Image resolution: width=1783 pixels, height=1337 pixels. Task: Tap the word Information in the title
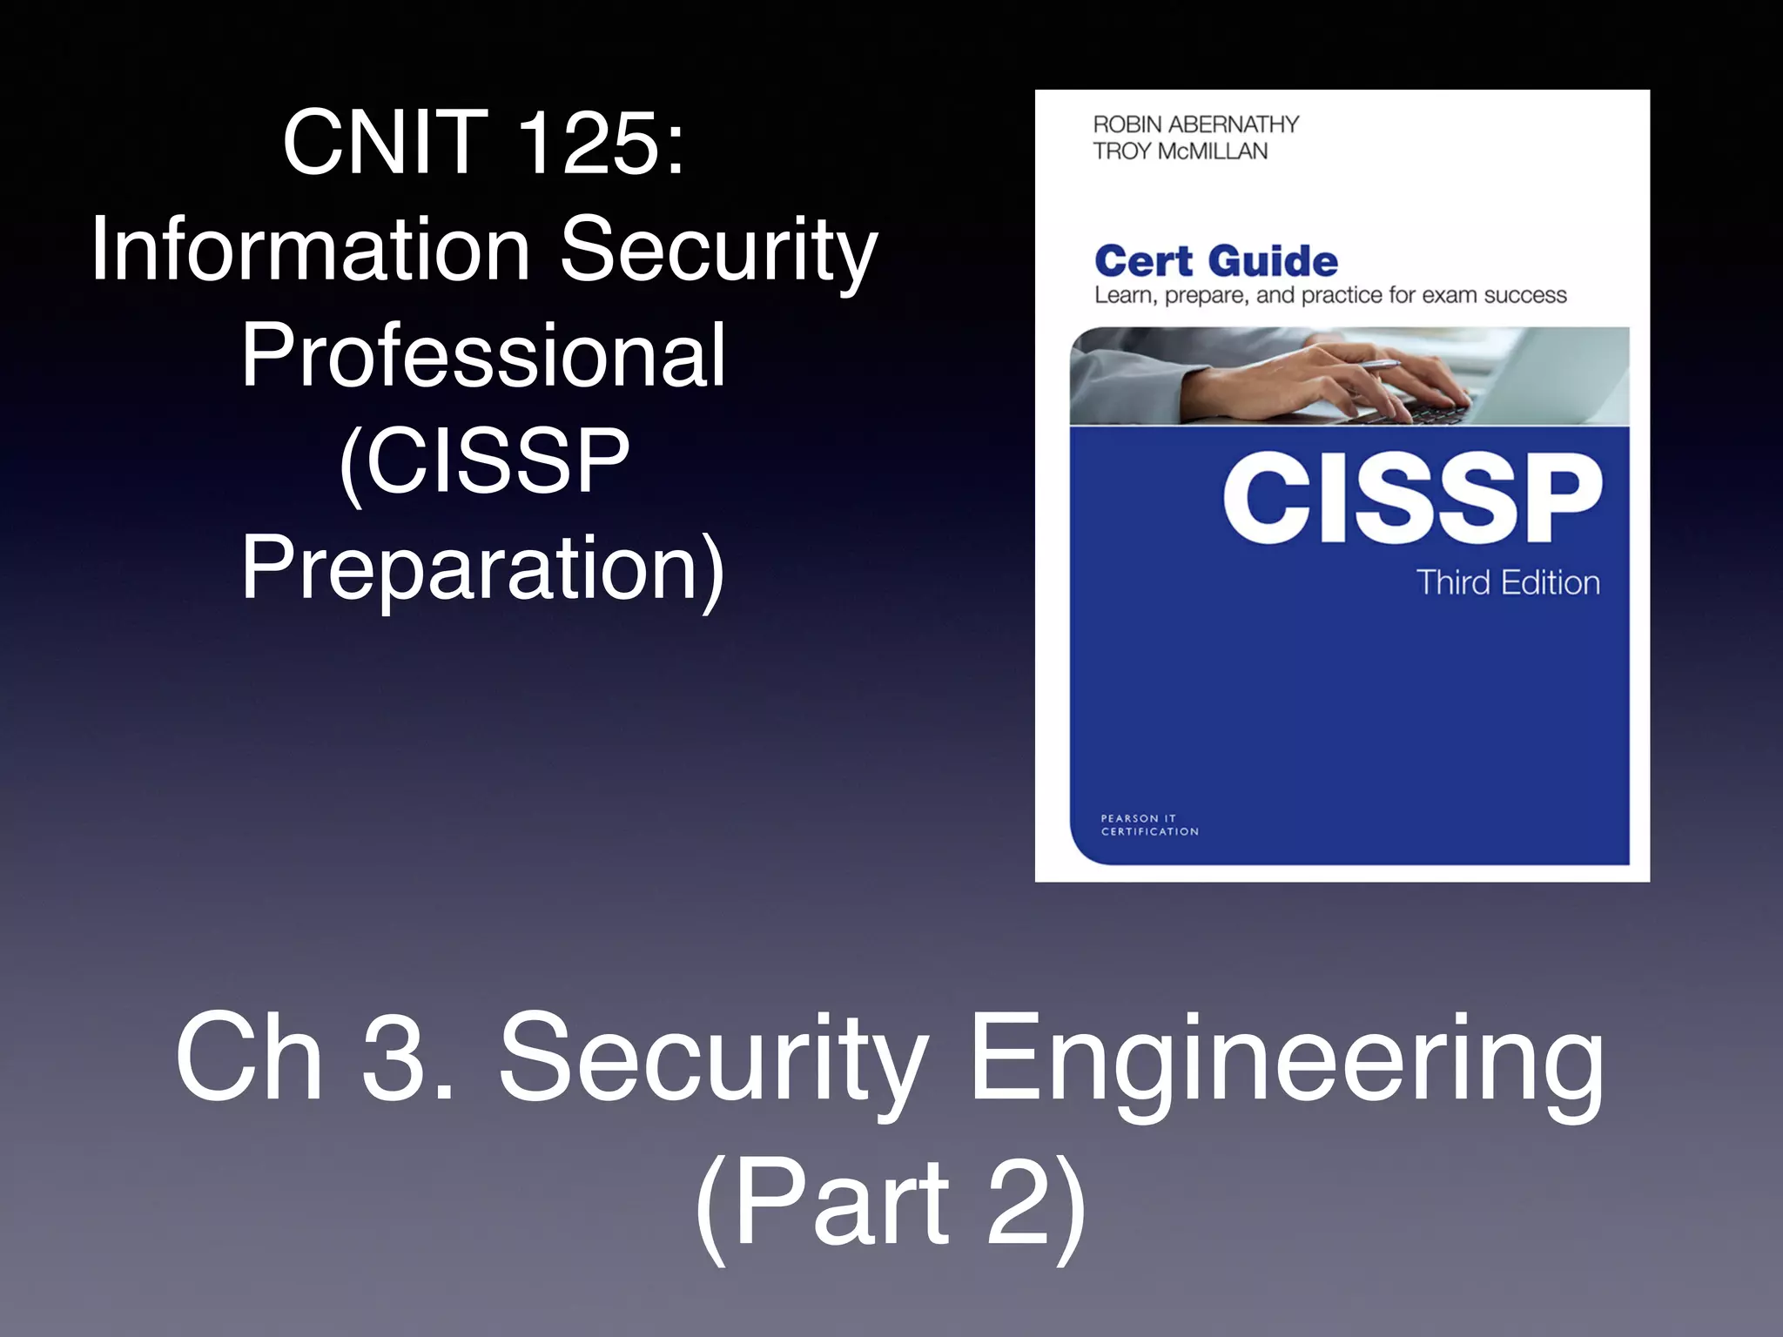point(311,250)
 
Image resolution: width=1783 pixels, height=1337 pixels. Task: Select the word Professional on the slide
point(483,356)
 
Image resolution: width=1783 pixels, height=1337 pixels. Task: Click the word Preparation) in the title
point(483,568)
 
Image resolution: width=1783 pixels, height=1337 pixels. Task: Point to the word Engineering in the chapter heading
point(1286,1059)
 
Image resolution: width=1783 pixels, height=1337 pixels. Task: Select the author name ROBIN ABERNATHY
point(1195,124)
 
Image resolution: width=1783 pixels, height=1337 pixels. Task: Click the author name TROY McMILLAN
point(1180,151)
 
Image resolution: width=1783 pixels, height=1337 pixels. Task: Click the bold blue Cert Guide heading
point(1215,261)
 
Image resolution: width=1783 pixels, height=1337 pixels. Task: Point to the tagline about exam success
point(1329,296)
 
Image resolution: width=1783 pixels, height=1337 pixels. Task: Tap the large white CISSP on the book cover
point(1411,498)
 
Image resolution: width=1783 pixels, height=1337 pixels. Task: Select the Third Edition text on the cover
point(1508,583)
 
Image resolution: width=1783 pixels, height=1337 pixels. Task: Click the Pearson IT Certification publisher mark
point(1149,825)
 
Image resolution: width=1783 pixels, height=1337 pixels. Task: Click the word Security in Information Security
point(718,250)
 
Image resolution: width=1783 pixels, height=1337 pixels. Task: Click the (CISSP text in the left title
point(483,462)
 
